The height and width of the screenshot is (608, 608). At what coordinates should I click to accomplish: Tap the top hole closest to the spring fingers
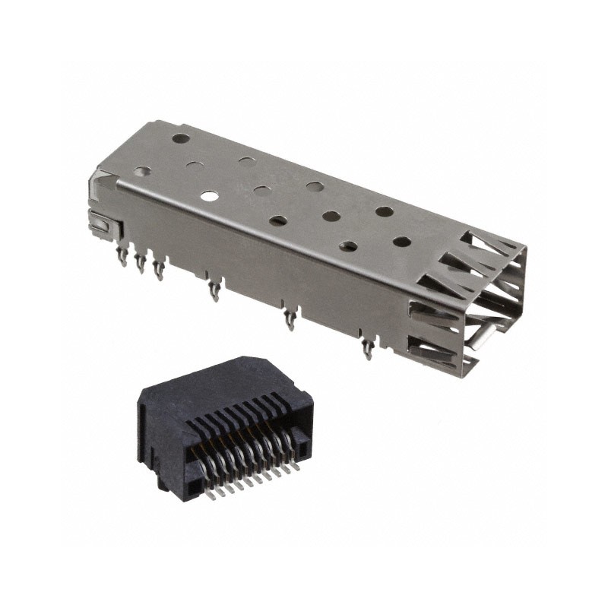click(x=402, y=242)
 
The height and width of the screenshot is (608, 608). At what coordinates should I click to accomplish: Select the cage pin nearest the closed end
click(x=122, y=257)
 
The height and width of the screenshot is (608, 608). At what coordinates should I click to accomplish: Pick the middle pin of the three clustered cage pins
click(x=140, y=263)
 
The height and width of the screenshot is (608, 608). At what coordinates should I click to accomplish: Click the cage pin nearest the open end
click(x=368, y=349)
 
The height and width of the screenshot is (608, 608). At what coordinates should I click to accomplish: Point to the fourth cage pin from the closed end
click(x=215, y=290)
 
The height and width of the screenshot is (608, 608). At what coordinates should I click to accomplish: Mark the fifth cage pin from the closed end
click(x=290, y=318)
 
